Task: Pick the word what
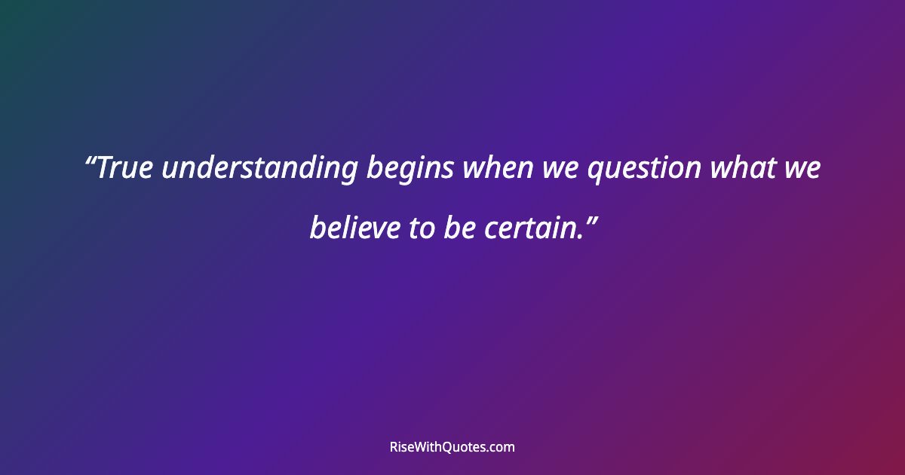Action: pos(742,169)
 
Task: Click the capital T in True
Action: pos(106,169)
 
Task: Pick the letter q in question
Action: pos(595,173)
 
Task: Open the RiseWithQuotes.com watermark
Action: pos(452,447)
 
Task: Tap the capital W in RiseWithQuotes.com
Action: pos(419,447)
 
